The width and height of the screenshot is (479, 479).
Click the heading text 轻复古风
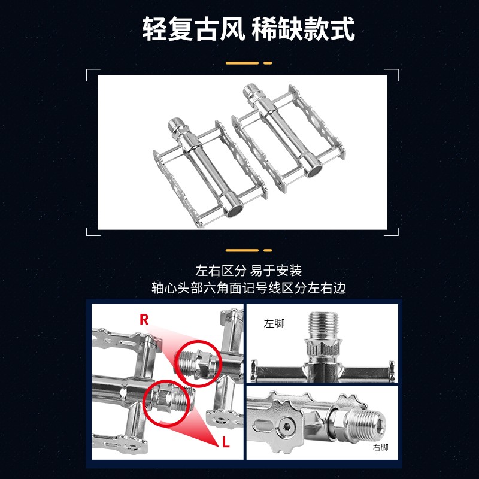[193, 29]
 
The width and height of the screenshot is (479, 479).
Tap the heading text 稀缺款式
[303, 29]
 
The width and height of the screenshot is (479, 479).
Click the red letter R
[144, 320]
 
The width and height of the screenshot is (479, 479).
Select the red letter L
[226, 442]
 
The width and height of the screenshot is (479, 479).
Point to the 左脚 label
[274, 323]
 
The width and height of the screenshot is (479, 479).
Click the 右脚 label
[380, 447]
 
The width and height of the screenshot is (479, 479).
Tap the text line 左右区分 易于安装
[248, 271]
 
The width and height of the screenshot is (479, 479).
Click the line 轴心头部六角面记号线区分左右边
[248, 288]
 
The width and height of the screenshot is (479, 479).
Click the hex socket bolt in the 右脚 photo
[286, 426]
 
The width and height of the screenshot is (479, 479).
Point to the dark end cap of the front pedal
[234, 211]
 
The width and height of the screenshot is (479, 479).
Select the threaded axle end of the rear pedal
[251, 90]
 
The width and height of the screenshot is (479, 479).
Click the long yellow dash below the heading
[242, 63]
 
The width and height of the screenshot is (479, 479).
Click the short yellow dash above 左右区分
[268, 250]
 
